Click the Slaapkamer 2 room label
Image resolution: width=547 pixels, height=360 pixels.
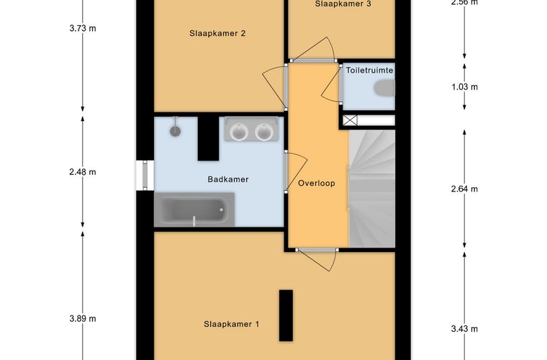coord(217,34)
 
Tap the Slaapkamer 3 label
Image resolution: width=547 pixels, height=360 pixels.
coord(343,4)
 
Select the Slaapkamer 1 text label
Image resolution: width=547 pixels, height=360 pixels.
coord(232,325)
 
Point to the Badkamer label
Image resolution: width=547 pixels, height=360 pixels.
coord(228,179)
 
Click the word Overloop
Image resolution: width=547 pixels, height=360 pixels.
coord(317,183)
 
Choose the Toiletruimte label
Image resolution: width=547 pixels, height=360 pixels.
coord(369,71)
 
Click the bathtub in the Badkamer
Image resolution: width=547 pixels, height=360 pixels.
coord(194,210)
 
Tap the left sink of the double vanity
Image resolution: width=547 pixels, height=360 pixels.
coord(239,132)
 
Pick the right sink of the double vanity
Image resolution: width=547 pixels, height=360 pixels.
coord(263,132)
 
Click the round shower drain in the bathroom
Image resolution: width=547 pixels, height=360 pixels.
coord(175,131)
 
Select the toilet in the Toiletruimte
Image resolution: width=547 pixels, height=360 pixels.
coord(384,88)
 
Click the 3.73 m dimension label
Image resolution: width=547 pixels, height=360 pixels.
coord(83,28)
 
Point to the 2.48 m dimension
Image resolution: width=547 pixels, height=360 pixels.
coord(83,172)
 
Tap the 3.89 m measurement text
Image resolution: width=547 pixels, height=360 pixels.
coord(83,318)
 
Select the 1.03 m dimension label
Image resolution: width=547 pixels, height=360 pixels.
coord(464,87)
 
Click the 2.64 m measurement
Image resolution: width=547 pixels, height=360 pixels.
coord(464,189)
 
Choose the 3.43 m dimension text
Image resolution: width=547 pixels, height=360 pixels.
coord(464,328)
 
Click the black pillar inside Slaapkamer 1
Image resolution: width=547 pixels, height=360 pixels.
coord(286,315)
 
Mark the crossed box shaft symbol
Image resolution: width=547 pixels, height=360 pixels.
coord(350,121)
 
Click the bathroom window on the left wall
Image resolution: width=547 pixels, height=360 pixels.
coord(145,176)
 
